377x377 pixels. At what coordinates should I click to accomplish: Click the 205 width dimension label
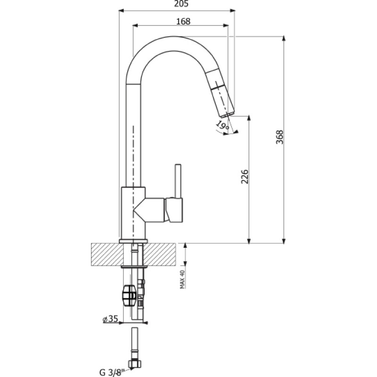click(181, 4)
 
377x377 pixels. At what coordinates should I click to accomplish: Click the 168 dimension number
click(183, 21)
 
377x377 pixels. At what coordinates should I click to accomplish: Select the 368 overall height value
click(279, 137)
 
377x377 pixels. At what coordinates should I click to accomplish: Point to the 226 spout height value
click(245, 176)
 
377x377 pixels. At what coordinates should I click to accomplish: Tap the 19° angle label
click(222, 125)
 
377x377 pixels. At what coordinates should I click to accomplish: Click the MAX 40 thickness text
click(182, 279)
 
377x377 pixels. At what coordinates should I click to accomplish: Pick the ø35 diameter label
click(110, 319)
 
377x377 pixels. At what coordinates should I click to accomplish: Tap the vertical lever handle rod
click(178, 181)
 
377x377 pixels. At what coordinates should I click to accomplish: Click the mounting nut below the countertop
click(129, 295)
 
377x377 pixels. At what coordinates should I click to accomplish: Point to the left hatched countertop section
click(107, 254)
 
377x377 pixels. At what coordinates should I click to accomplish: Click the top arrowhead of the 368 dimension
click(284, 39)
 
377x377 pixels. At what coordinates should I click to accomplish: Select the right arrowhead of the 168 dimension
click(226, 25)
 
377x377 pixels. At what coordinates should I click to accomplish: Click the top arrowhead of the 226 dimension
click(249, 118)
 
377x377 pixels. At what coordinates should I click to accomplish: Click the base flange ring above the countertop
click(133, 241)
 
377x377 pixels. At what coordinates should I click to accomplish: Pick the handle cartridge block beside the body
click(173, 210)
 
